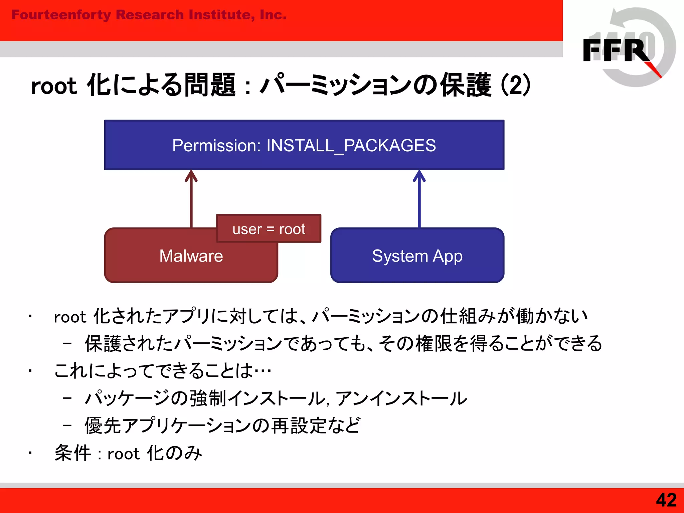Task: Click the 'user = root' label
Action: coord(269,229)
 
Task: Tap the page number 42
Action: coord(666,500)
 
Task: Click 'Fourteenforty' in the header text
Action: coord(61,15)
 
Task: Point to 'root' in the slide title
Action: coord(54,86)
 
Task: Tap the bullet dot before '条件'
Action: coord(30,453)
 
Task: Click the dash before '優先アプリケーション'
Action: coord(67,425)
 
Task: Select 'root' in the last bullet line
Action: coord(123,454)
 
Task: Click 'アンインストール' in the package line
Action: coord(401,398)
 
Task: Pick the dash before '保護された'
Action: coord(67,343)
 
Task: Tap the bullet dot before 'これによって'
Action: coord(30,371)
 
